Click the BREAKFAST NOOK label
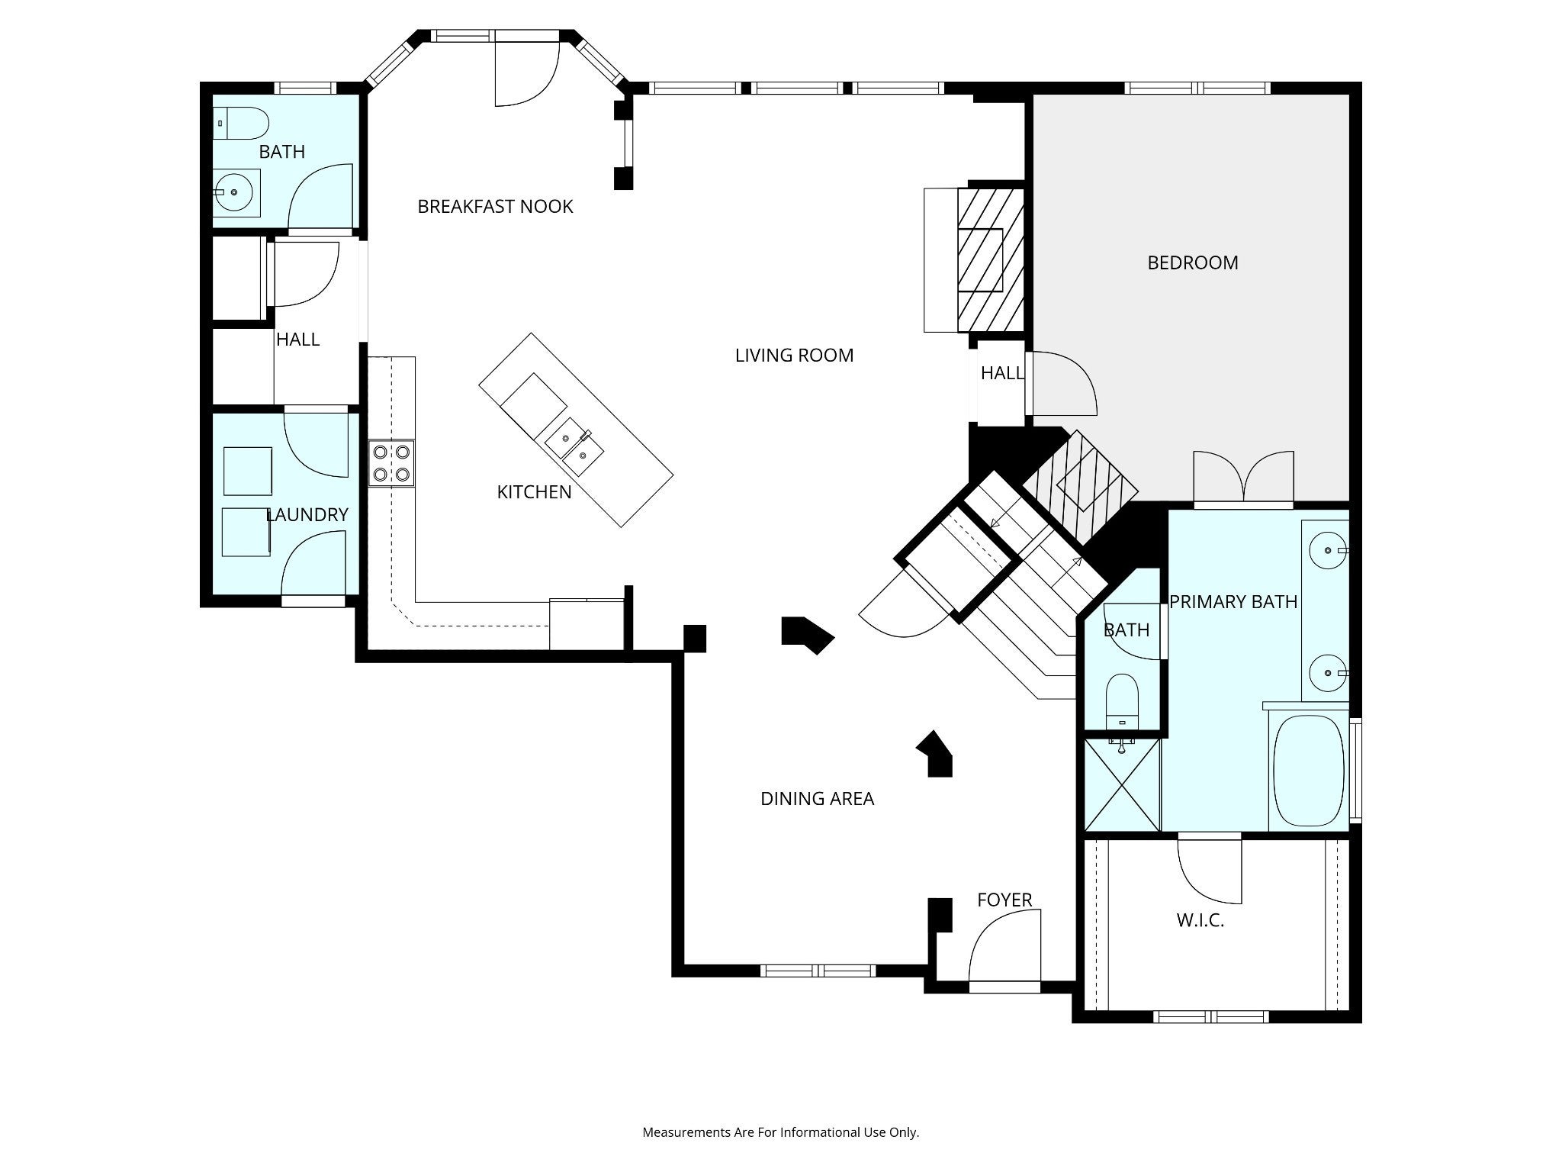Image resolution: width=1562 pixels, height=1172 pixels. click(495, 206)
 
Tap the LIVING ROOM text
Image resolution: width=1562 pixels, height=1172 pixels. click(794, 355)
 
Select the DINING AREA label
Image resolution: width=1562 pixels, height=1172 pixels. click(817, 798)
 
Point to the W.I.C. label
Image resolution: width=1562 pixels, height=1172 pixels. click(1200, 920)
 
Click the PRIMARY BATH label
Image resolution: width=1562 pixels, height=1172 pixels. click(1233, 602)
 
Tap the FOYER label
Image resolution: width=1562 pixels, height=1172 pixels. click(1004, 900)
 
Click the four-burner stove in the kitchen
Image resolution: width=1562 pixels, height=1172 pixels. click(391, 463)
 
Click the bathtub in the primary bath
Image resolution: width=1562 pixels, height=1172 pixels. click(1309, 771)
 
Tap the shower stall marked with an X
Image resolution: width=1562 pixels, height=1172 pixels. click(1122, 784)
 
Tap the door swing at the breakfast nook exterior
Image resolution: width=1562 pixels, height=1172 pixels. click(527, 72)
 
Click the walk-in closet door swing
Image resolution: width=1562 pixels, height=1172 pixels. click(1209, 870)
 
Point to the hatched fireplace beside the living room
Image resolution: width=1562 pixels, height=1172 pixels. click(990, 259)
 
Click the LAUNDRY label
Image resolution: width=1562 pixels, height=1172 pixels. click(307, 515)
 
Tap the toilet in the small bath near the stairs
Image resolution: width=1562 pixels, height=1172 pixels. click(1121, 701)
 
